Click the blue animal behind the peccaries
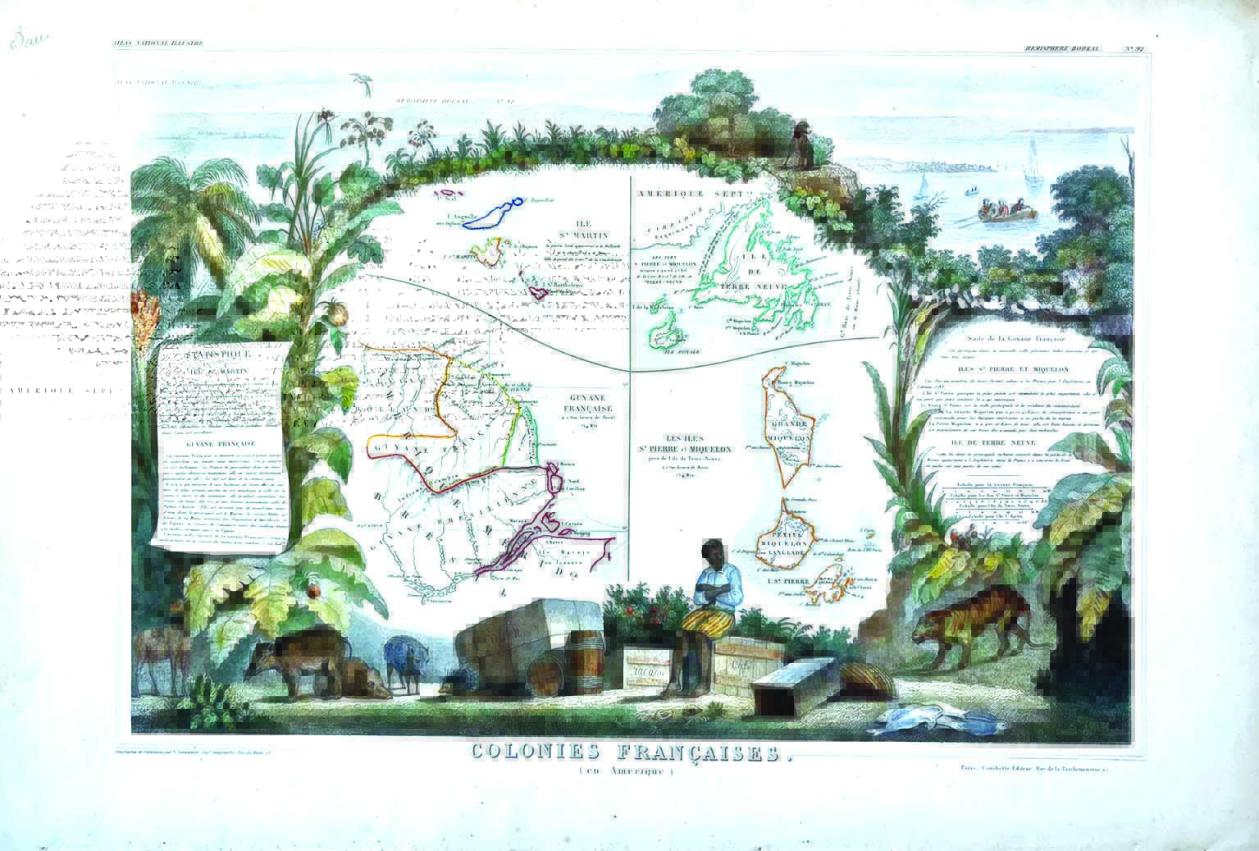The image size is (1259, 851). point(404,657)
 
